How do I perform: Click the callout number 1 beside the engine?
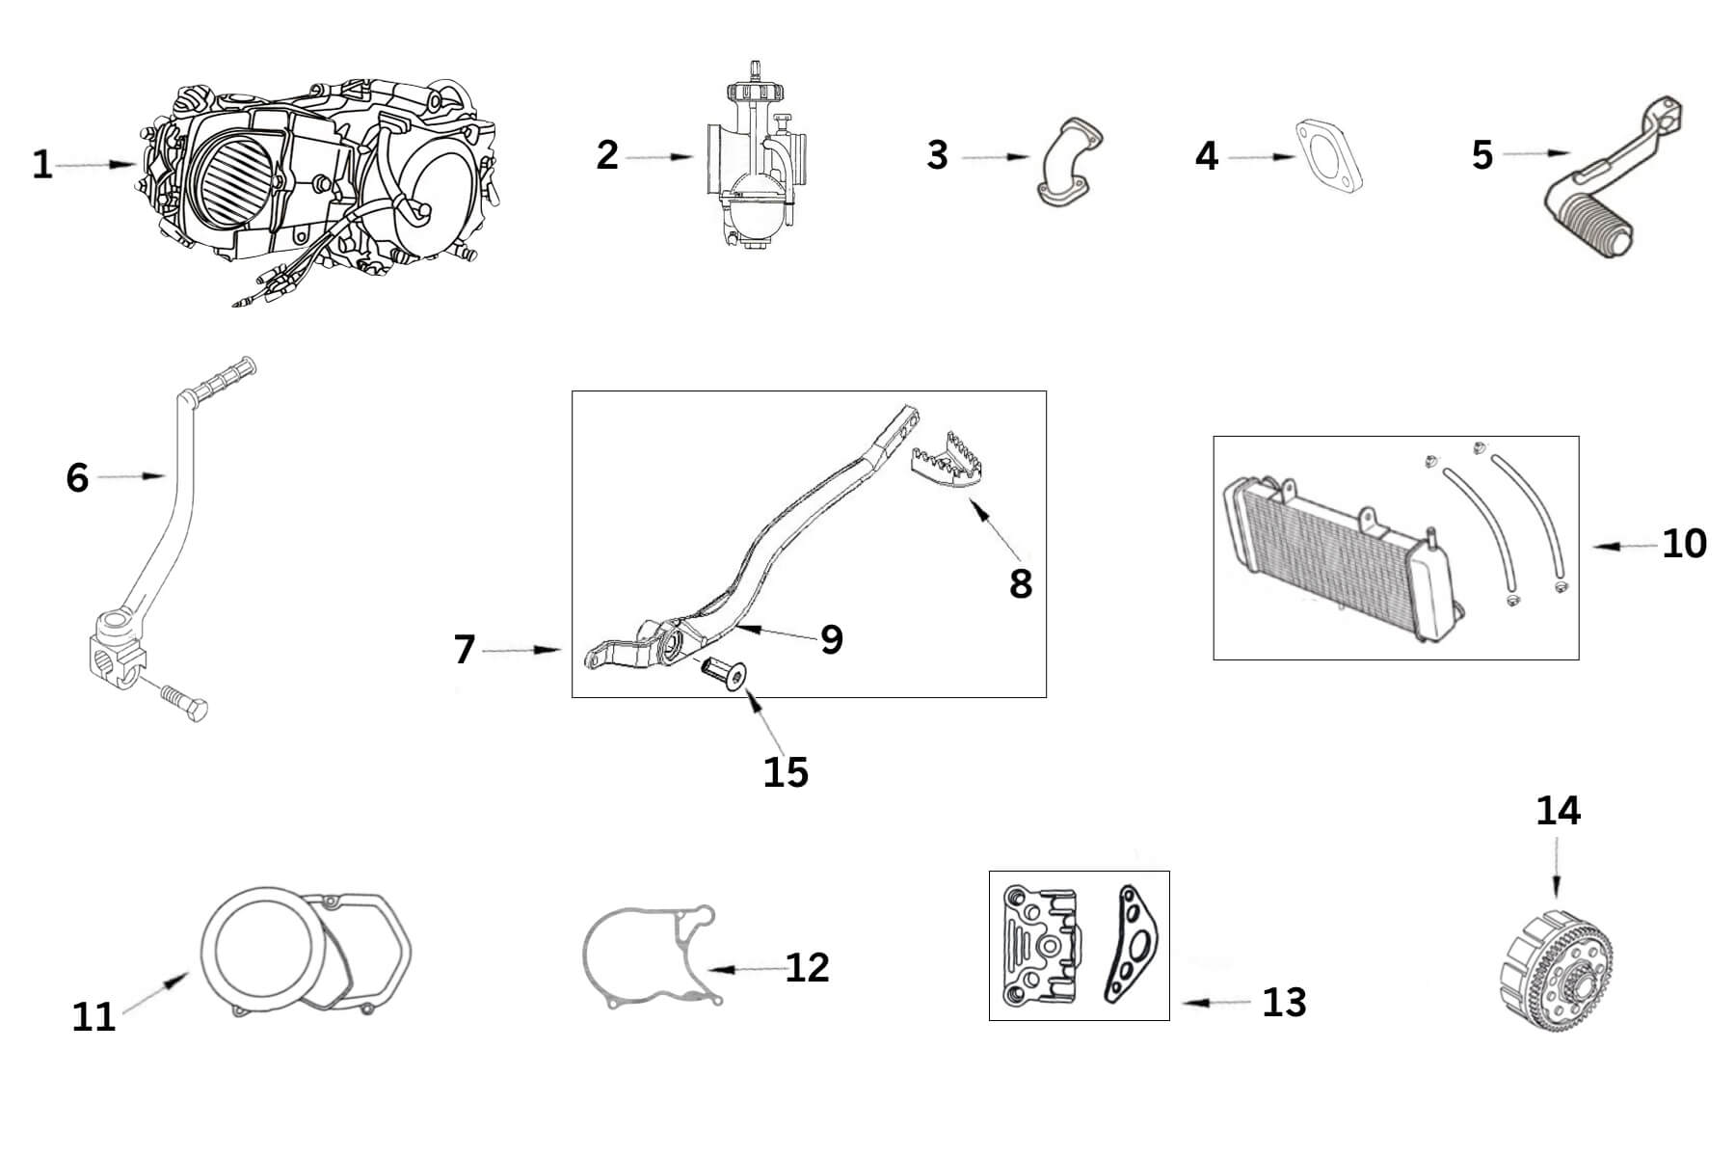[41, 165]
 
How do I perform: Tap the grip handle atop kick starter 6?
[222, 379]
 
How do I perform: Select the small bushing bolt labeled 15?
[725, 674]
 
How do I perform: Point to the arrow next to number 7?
[521, 652]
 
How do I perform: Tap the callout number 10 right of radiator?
[1684, 545]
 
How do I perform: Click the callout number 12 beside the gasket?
[807, 968]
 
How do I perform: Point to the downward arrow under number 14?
[1556, 873]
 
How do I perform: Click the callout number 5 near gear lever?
[1482, 155]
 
